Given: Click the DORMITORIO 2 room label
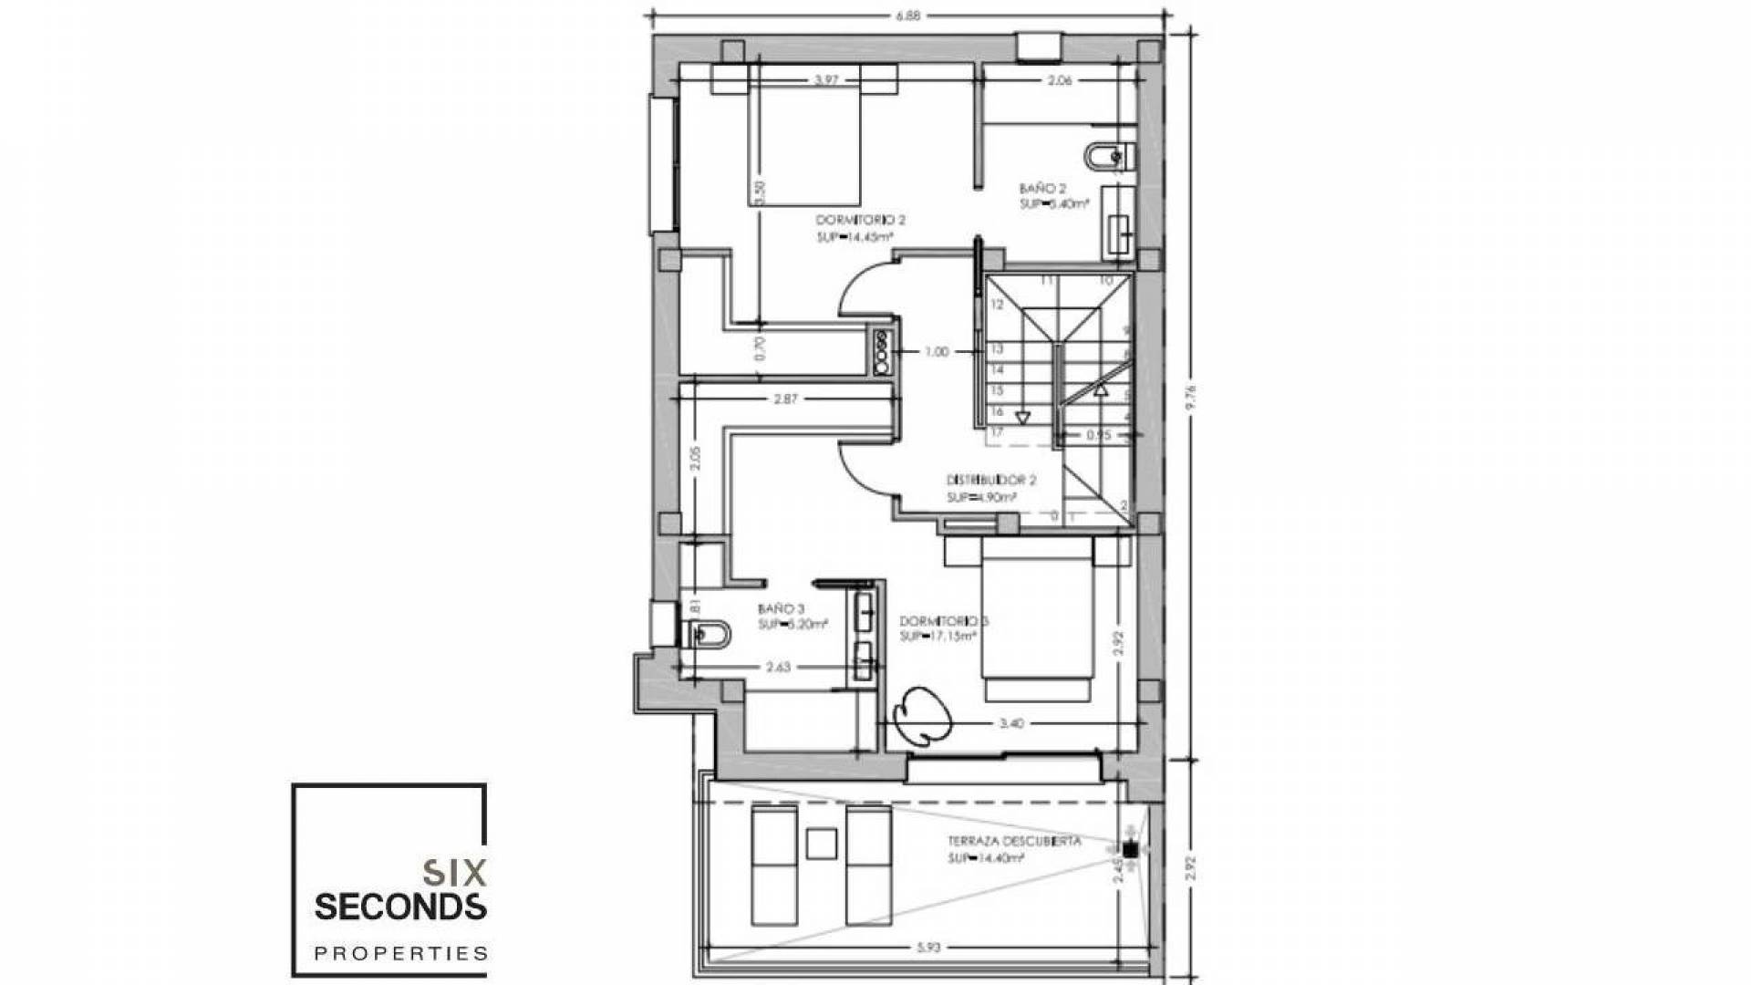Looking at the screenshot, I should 860,221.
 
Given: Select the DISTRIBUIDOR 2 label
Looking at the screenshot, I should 991,481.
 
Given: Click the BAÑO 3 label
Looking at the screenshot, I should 781,609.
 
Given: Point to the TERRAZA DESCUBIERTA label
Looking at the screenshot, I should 1001,841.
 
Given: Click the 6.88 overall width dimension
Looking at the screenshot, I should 907,15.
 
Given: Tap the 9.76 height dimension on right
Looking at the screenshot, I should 1189,398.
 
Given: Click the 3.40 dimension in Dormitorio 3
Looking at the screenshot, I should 1010,723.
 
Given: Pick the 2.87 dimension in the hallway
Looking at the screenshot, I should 785,399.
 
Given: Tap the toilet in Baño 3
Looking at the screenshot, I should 706,632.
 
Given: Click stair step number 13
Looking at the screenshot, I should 997,349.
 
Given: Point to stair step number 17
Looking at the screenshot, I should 997,432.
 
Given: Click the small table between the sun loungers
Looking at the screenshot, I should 821,843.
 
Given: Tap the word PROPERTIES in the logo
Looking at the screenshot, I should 400,954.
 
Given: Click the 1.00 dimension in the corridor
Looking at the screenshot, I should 936,351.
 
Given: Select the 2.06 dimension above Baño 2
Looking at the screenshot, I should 1059,80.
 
